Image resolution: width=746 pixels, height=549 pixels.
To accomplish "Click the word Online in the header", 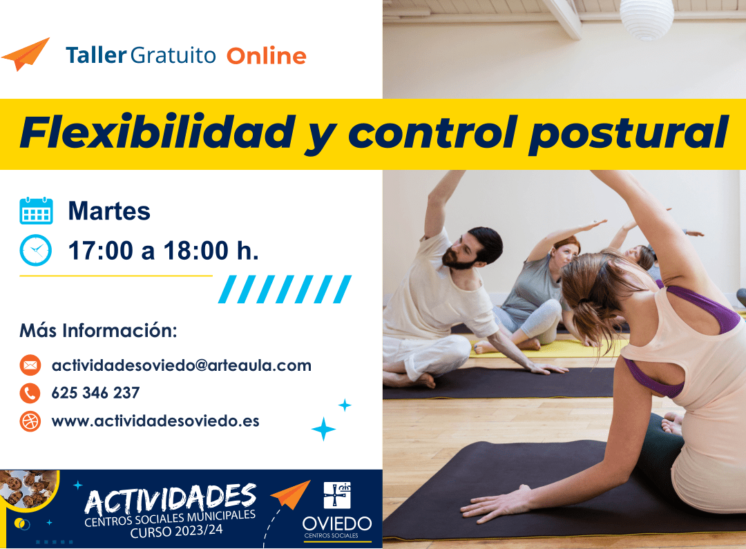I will click(266, 56).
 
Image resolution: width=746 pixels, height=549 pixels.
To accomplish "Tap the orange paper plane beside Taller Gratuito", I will click(26, 54).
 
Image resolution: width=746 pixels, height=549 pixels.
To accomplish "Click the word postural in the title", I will click(628, 133).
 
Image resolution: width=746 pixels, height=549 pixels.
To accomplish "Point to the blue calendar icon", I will click(36, 211).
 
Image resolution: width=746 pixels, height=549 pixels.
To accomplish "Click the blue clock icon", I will click(36, 250).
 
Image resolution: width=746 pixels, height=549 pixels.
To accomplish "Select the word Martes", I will click(109, 211).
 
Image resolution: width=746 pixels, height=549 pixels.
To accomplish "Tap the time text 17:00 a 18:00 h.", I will click(163, 251).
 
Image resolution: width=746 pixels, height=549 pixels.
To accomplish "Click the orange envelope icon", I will click(30, 365).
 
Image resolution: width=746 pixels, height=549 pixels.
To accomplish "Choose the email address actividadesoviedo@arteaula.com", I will click(181, 365).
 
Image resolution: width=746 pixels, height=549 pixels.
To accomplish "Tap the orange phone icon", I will click(30, 393).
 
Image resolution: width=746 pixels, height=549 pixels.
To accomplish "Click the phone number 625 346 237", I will click(95, 393).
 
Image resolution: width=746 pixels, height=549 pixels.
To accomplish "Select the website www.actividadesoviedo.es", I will click(155, 421).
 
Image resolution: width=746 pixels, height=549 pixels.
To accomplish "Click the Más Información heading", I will click(98, 330).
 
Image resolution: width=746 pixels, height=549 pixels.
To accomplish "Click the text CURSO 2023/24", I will click(176, 531).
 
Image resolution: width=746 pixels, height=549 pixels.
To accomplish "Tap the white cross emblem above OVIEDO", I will click(337, 495).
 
